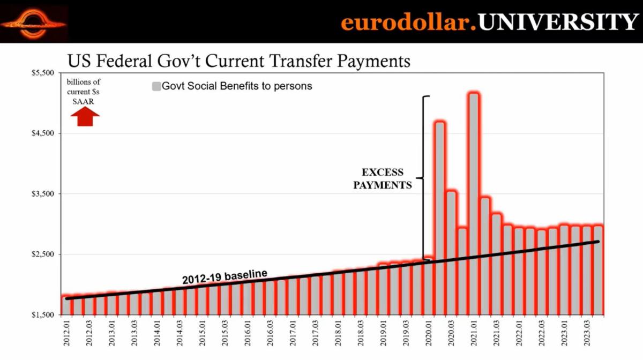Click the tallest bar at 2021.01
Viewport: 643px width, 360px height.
473,204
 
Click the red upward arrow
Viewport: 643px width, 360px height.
85,116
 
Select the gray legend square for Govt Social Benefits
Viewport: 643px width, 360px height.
156,86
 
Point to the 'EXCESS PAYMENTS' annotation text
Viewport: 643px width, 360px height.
383,179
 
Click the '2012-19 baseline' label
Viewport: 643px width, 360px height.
225,276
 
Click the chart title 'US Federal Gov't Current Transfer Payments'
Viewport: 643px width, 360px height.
238,61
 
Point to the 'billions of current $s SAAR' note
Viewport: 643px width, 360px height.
83,92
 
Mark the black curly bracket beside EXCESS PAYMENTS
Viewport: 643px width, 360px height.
423,178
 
